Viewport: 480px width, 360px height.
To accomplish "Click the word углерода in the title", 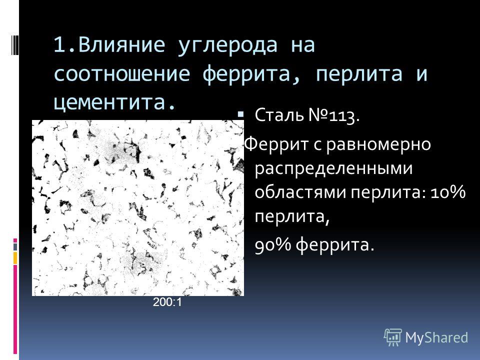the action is coord(227,45).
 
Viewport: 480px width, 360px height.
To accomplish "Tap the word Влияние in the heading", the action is coord(121,44).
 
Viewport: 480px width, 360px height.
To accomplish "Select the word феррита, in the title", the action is coord(251,74).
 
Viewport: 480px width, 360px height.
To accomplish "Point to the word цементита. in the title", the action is coord(114,102).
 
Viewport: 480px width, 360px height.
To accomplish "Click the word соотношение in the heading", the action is coord(122,74).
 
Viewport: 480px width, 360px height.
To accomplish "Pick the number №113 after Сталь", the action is coord(333,115).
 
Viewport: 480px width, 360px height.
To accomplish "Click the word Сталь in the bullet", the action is coord(279,115).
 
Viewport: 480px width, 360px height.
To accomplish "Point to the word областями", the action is coord(300,192).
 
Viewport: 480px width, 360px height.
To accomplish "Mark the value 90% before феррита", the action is coord(273,244).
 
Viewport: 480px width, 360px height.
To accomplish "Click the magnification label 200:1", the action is coord(167,302).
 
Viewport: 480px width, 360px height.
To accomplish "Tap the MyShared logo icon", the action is coord(393,337).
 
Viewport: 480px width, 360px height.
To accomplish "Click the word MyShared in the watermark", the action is coord(436,337).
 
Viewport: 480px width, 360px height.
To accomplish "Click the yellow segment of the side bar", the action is coord(15,258).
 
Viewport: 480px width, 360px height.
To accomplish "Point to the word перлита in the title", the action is coord(359,74).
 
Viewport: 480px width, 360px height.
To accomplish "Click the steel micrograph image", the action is coord(138,208).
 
